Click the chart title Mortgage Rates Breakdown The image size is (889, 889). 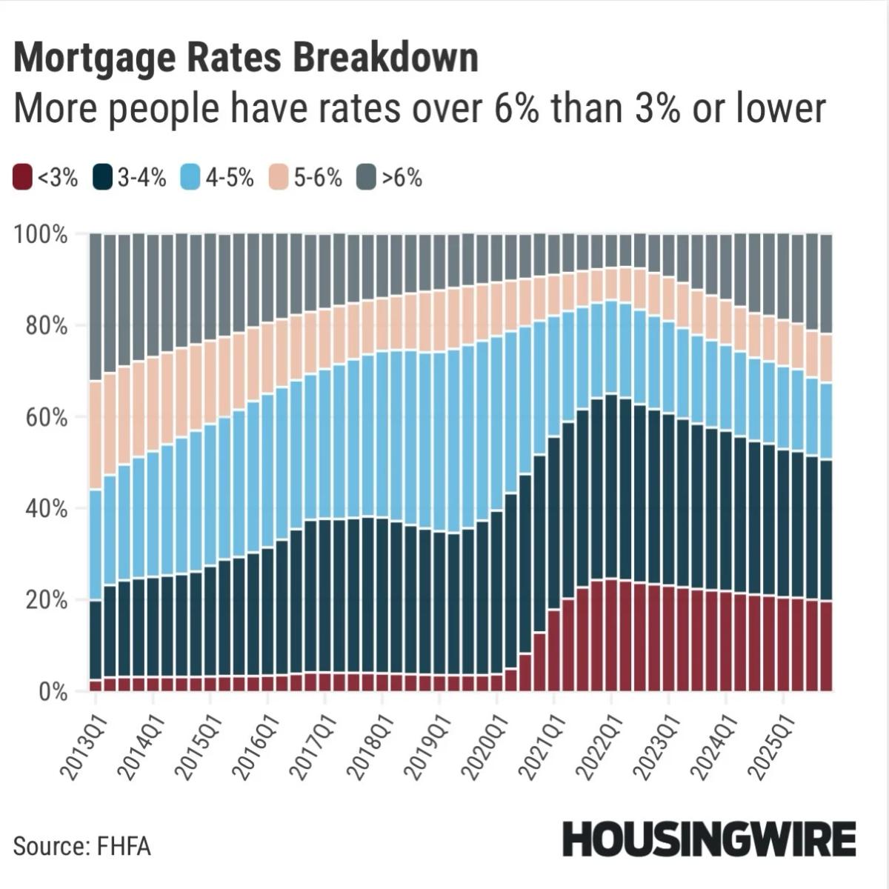(x=245, y=58)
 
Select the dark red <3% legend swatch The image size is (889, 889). (x=23, y=179)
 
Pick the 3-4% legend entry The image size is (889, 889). (x=130, y=179)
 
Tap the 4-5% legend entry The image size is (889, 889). (x=218, y=179)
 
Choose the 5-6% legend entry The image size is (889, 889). (x=306, y=179)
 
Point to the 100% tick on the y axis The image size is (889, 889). (x=41, y=235)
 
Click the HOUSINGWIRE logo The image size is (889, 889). (x=709, y=840)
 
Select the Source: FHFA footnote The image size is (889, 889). (x=81, y=846)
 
